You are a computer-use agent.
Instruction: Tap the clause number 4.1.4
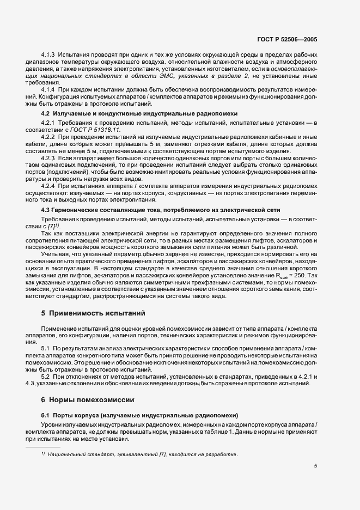pos(50,89)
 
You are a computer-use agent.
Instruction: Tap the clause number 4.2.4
pos(50,186)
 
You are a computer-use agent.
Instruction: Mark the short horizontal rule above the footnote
pos(43,446)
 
